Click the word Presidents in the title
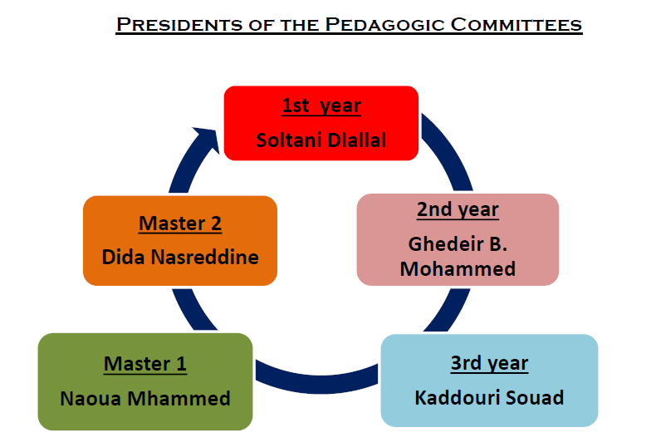pos(179,25)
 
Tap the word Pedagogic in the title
pos(384,25)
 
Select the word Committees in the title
pos(516,25)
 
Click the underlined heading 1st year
pos(321,106)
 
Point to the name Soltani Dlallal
pos(321,140)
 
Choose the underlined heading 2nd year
pos(458,209)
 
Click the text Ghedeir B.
pos(458,244)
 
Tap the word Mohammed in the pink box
pos(458,269)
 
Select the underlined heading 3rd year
pos(490,363)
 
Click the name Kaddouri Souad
pos(489,397)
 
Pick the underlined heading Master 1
pos(144,364)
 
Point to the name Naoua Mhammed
pos(144,399)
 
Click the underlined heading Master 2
pos(179,223)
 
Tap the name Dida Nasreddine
pos(179,258)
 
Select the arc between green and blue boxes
pos(317,382)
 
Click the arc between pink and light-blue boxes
pos(449,309)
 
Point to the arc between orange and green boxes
pos(193,309)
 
